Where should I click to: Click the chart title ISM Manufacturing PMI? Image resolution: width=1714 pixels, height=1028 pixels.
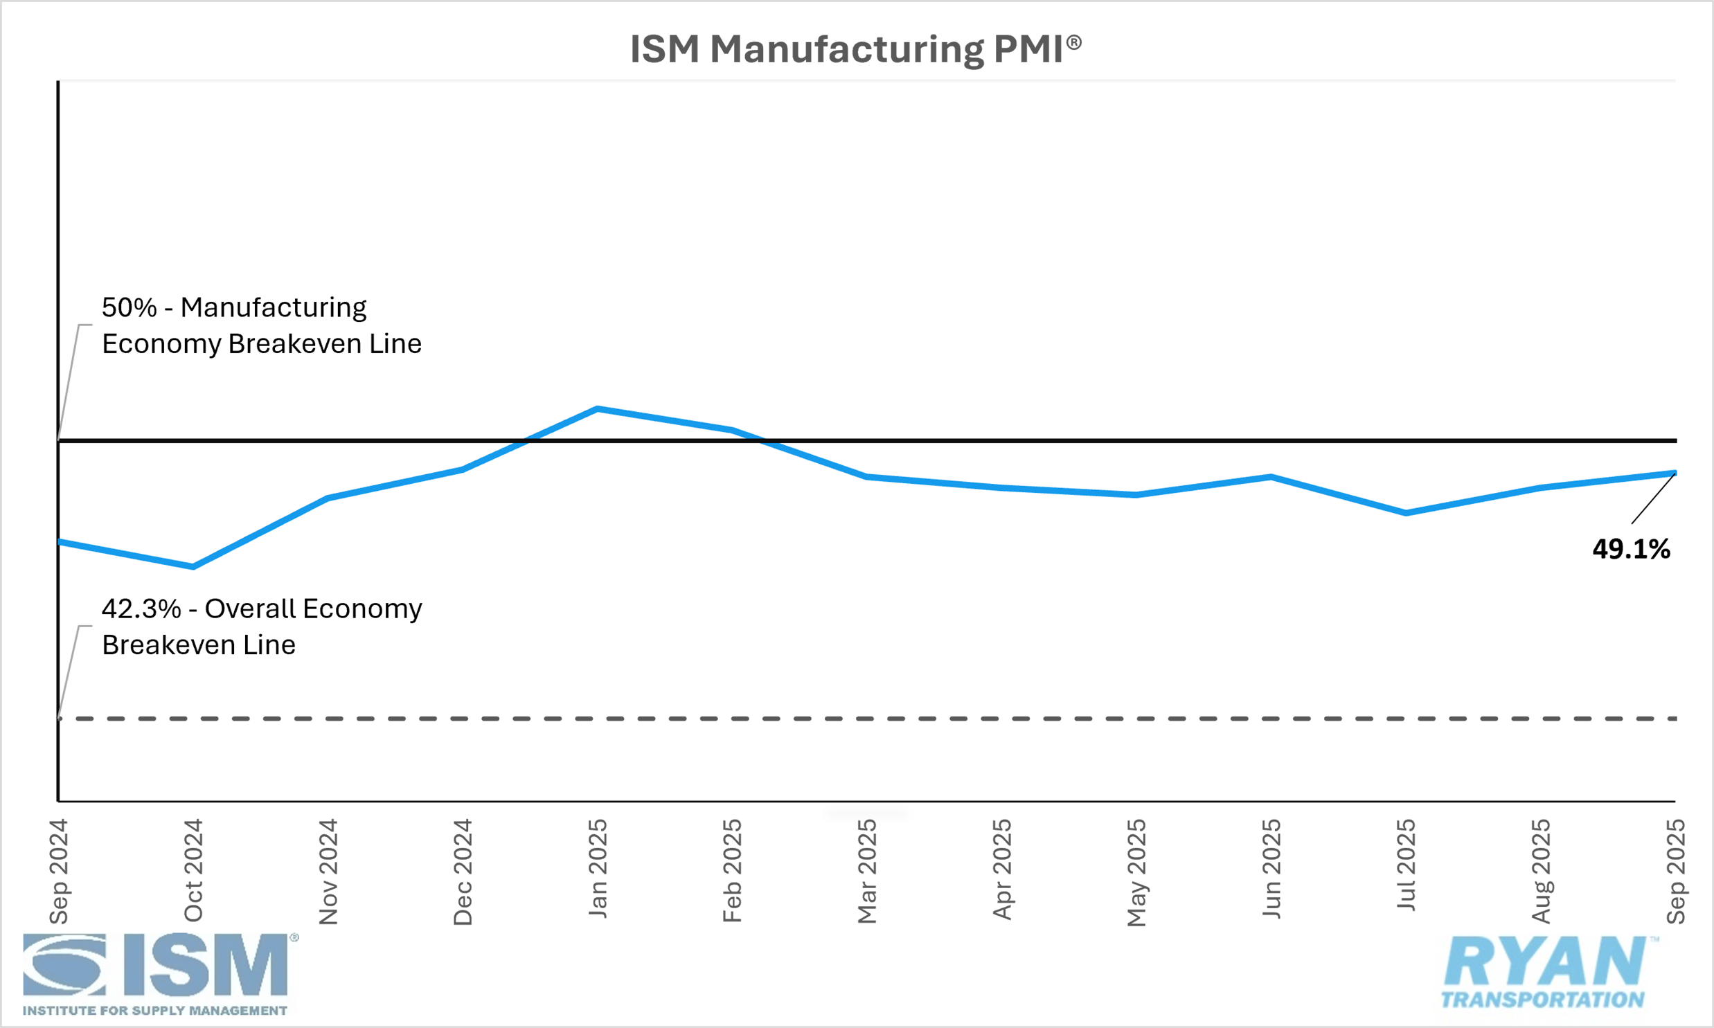pyautogui.click(x=855, y=50)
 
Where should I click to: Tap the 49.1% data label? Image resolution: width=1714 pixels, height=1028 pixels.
pyautogui.click(x=1631, y=550)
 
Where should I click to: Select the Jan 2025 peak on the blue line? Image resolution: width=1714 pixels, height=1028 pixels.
pyautogui.click(x=597, y=408)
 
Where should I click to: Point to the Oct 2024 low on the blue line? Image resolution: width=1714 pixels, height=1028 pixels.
pyautogui.click(x=193, y=567)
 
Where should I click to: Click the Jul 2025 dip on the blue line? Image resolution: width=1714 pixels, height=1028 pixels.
pyautogui.click(x=1406, y=512)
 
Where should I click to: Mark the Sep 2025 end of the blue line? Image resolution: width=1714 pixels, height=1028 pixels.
pyautogui.click(x=1674, y=473)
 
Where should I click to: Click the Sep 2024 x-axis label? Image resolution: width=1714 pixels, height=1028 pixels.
pyautogui.click(x=59, y=872)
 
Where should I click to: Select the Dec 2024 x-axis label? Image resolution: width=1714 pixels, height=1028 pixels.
pyautogui.click(x=463, y=872)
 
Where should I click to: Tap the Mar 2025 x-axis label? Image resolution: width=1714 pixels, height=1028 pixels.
pyautogui.click(x=868, y=872)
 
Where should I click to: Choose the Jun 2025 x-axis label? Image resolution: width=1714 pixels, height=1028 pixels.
pyautogui.click(x=1271, y=869)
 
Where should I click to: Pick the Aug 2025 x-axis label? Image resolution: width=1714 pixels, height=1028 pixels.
pyautogui.click(x=1541, y=872)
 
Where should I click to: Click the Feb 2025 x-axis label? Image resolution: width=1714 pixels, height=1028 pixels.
pyautogui.click(x=732, y=871)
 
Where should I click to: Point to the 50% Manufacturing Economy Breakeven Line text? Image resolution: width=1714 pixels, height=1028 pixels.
pyautogui.click(x=261, y=325)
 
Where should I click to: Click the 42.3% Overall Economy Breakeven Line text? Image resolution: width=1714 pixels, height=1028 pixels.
pyautogui.click(x=261, y=627)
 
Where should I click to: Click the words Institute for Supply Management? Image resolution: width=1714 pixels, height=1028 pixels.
pyautogui.click(x=154, y=1011)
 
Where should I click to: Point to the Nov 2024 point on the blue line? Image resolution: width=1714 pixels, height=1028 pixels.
pyautogui.click(x=328, y=497)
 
